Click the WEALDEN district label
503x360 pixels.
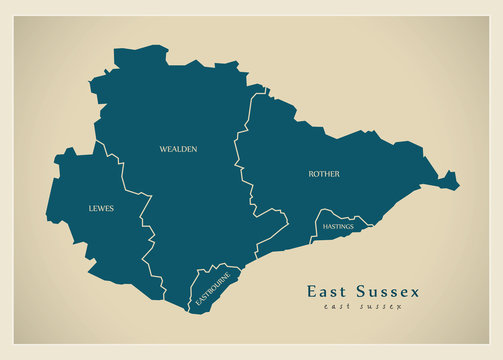178,149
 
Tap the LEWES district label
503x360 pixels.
100,208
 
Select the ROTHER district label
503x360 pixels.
323,174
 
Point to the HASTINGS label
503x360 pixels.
338,227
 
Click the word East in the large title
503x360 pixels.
329,291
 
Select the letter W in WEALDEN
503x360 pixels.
163,149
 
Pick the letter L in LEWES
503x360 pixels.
89,208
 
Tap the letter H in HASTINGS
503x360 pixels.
324,227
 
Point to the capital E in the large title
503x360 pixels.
312,291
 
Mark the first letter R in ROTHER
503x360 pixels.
310,174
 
